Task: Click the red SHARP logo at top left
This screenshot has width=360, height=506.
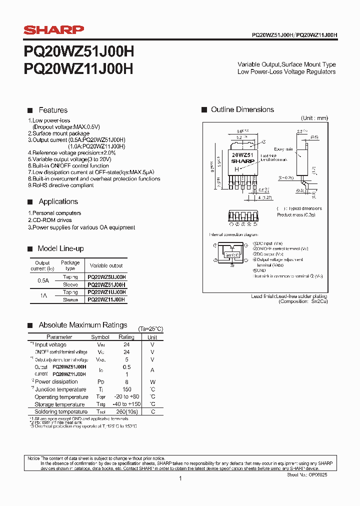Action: pos(54,30)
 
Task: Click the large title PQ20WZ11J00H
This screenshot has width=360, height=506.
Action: pos(78,68)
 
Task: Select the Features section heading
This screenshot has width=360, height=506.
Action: pos(53,110)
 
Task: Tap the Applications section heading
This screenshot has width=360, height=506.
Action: pos(58,201)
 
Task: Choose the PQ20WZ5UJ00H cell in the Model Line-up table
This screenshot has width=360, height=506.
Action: pos(106,276)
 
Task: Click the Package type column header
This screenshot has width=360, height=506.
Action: pos(70,265)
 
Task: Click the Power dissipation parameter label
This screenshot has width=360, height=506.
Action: pos(56,382)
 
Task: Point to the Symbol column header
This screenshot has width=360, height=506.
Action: pos(100,337)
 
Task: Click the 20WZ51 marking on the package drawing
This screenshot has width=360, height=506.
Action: pos(242,155)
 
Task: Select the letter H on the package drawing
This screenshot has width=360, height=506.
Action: pos(236,169)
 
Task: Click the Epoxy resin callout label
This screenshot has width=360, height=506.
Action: pos(283,149)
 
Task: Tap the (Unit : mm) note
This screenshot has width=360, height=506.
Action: pos(314,118)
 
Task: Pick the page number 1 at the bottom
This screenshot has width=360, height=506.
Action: pos(180,478)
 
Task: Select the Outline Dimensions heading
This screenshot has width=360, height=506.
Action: pos(242,109)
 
